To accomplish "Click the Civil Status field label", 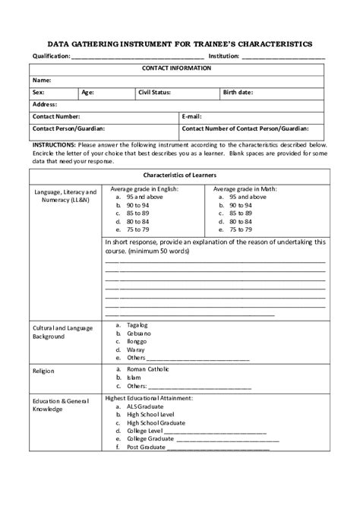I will [x=154, y=92].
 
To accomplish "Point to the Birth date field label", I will [x=238, y=92].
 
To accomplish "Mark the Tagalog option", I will [x=137, y=324].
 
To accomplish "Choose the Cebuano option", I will [x=139, y=333].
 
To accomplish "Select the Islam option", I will [x=134, y=377].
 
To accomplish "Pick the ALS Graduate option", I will [x=145, y=406].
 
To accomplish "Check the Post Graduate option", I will [x=145, y=447].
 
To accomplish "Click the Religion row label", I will [x=43, y=371].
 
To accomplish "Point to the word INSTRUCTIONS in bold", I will [x=53, y=144].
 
